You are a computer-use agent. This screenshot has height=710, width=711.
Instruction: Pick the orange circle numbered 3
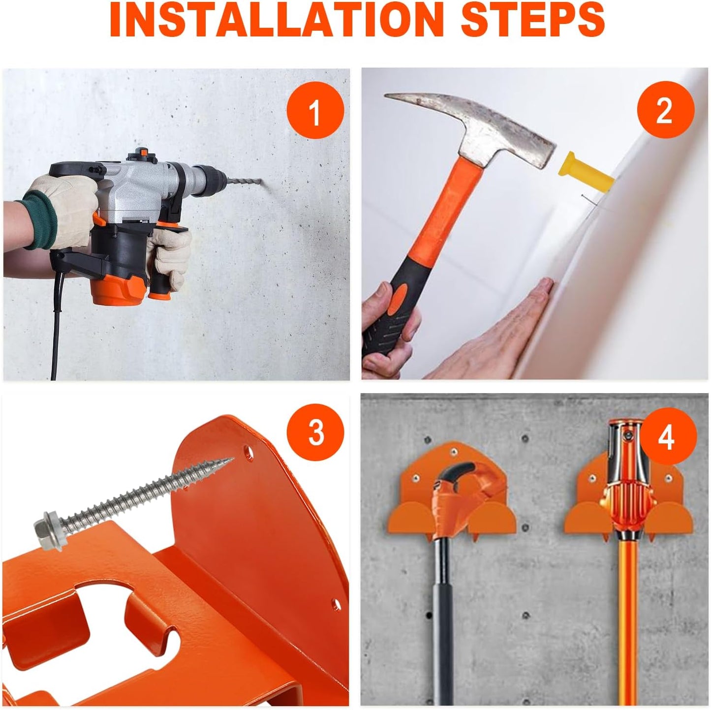click(x=315, y=432)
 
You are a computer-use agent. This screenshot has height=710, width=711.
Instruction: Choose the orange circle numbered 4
click(x=666, y=436)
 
